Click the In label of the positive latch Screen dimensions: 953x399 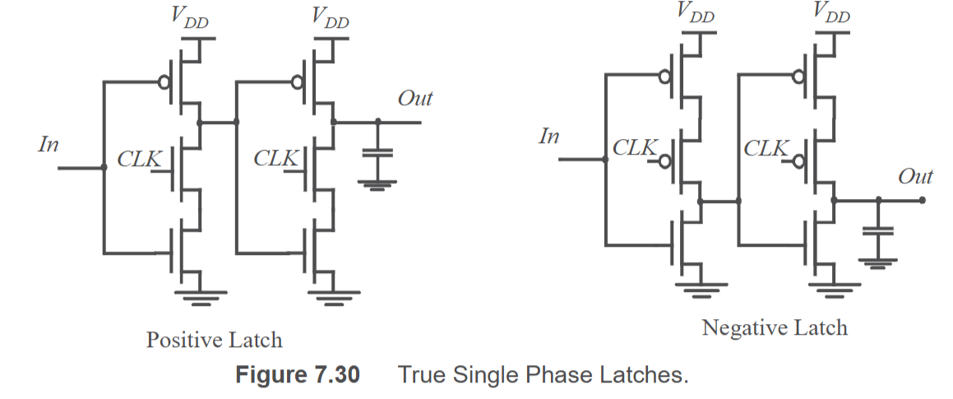pyautogui.click(x=49, y=144)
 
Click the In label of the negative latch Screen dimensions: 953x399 pyautogui.click(x=548, y=137)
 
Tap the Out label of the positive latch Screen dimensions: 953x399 pyautogui.click(x=415, y=99)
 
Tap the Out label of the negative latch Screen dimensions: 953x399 pyautogui.click(x=915, y=176)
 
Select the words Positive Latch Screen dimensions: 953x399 pyautogui.click(x=214, y=340)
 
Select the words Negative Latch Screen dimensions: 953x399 pyautogui.click(x=775, y=327)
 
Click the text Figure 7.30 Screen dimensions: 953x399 pyautogui.click(x=297, y=374)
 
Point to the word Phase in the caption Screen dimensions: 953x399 pyautogui.click(x=561, y=374)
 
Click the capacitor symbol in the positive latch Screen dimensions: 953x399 pyautogui.click(x=377, y=153)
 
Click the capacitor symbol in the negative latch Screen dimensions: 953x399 pyautogui.click(x=877, y=230)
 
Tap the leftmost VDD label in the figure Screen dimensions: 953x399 pyautogui.click(x=190, y=17)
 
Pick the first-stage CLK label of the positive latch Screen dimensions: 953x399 pyautogui.click(x=139, y=159)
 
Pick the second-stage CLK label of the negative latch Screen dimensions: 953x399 pyautogui.click(x=766, y=148)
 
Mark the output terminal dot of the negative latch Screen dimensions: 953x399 pyautogui.click(x=922, y=200)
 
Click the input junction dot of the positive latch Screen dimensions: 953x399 pyautogui.click(x=104, y=167)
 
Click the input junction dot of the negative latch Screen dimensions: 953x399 pyautogui.click(x=604, y=160)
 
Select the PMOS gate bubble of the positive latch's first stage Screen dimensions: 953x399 pyautogui.click(x=164, y=81)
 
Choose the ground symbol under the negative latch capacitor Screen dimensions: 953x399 pyautogui.click(x=877, y=263)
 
